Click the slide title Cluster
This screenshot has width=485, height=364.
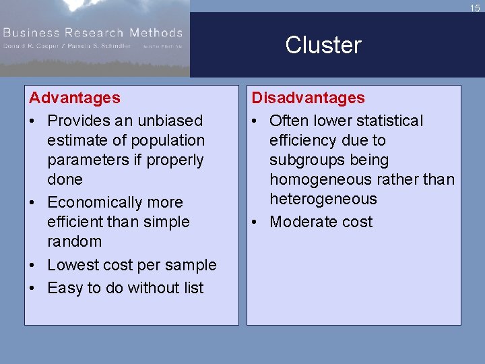[x=323, y=45]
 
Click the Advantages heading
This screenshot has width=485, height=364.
[x=75, y=98]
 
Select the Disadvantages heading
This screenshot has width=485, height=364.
[x=308, y=98]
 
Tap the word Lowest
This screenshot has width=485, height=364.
[x=75, y=265]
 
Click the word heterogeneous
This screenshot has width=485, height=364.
[x=323, y=199]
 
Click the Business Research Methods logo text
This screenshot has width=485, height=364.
[x=93, y=32]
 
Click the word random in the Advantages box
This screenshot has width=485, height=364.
[x=74, y=241]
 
